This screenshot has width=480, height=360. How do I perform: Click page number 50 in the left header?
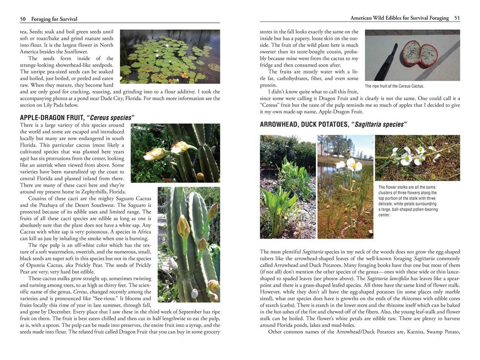[23, 19]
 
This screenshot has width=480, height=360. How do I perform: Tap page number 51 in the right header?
[456, 18]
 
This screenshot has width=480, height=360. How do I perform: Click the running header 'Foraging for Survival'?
[54, 19]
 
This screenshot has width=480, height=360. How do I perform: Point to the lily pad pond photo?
[169, 57]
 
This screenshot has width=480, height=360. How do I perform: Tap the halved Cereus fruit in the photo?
[420, 54]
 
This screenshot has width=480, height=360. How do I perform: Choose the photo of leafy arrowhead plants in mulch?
[287, 187]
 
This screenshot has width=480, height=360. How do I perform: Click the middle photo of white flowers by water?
[345, 187]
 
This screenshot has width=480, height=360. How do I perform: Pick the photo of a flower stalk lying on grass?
[417, 157]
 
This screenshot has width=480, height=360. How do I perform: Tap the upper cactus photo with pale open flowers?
[175, 153]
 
